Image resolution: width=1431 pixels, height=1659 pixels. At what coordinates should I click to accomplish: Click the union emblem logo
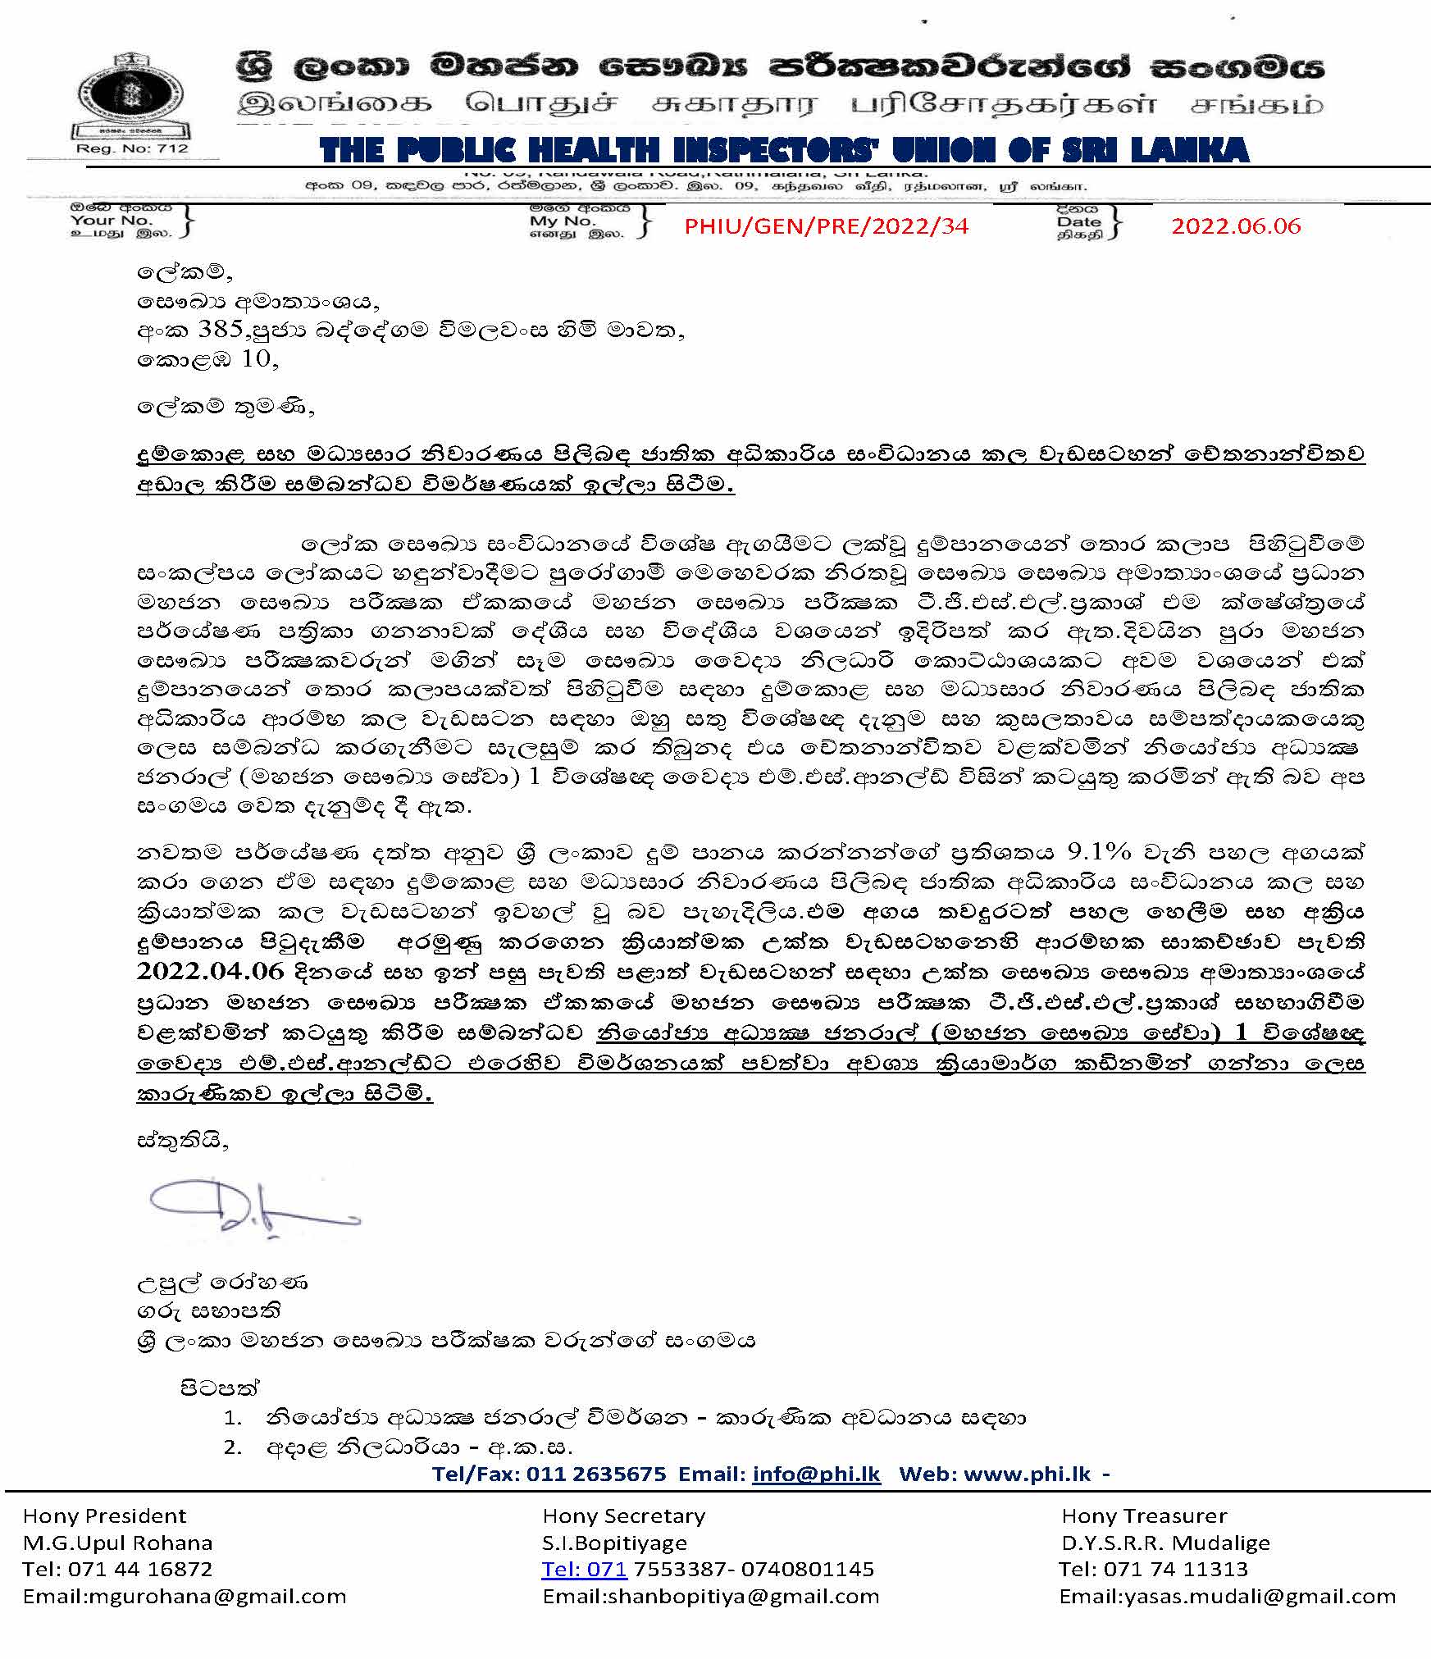point(131,97)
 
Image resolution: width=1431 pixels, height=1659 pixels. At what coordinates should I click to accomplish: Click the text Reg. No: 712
point(132,148)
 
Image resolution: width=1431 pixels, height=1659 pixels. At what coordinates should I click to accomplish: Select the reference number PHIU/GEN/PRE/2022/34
point(826,226)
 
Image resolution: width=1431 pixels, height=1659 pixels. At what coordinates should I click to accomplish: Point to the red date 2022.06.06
point(1235,226)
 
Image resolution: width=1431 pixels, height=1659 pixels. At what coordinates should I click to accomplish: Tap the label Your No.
point(112,220)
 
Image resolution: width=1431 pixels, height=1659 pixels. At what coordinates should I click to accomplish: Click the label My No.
point(562,221)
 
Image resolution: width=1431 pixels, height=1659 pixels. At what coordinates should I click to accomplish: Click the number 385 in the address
point(221,329)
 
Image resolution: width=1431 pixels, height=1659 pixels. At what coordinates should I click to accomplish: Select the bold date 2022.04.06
point(210,971)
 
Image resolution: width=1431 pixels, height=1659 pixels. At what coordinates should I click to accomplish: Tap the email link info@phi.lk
point(816,1474)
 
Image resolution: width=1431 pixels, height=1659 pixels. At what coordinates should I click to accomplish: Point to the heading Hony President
point(105,1516)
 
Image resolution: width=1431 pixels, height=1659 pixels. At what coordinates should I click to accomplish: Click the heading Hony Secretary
point(623,1516)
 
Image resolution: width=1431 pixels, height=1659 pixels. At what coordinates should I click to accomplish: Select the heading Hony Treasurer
point(1144,1516)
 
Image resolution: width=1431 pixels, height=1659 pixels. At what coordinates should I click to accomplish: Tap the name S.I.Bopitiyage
point(615,1543)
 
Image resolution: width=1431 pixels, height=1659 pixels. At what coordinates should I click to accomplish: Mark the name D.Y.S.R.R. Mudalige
point(1165,1543)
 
